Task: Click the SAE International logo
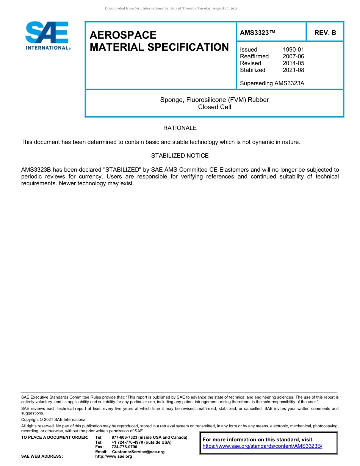tap(47, 36)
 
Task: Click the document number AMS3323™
tap(257, 33)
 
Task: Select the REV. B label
tap(325, 33)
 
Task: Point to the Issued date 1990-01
tap(293, 50)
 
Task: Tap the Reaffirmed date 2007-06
tap(293, 56)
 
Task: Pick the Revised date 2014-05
tap(293, 63)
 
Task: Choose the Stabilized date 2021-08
tap(293, 70)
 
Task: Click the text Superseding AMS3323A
tap(272, 83)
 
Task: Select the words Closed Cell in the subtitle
tap(214, 107)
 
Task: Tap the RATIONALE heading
tap(180, 128)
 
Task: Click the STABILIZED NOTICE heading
tap(180, 156)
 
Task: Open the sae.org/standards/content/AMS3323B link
tap(262, 446)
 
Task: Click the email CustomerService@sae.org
tap(138, 452)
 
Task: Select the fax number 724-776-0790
tap(124, 447)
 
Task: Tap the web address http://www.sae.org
tap(114, 457)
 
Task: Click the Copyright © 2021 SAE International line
tap(54, 419)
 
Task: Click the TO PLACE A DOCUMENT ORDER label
tap(55, 438)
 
